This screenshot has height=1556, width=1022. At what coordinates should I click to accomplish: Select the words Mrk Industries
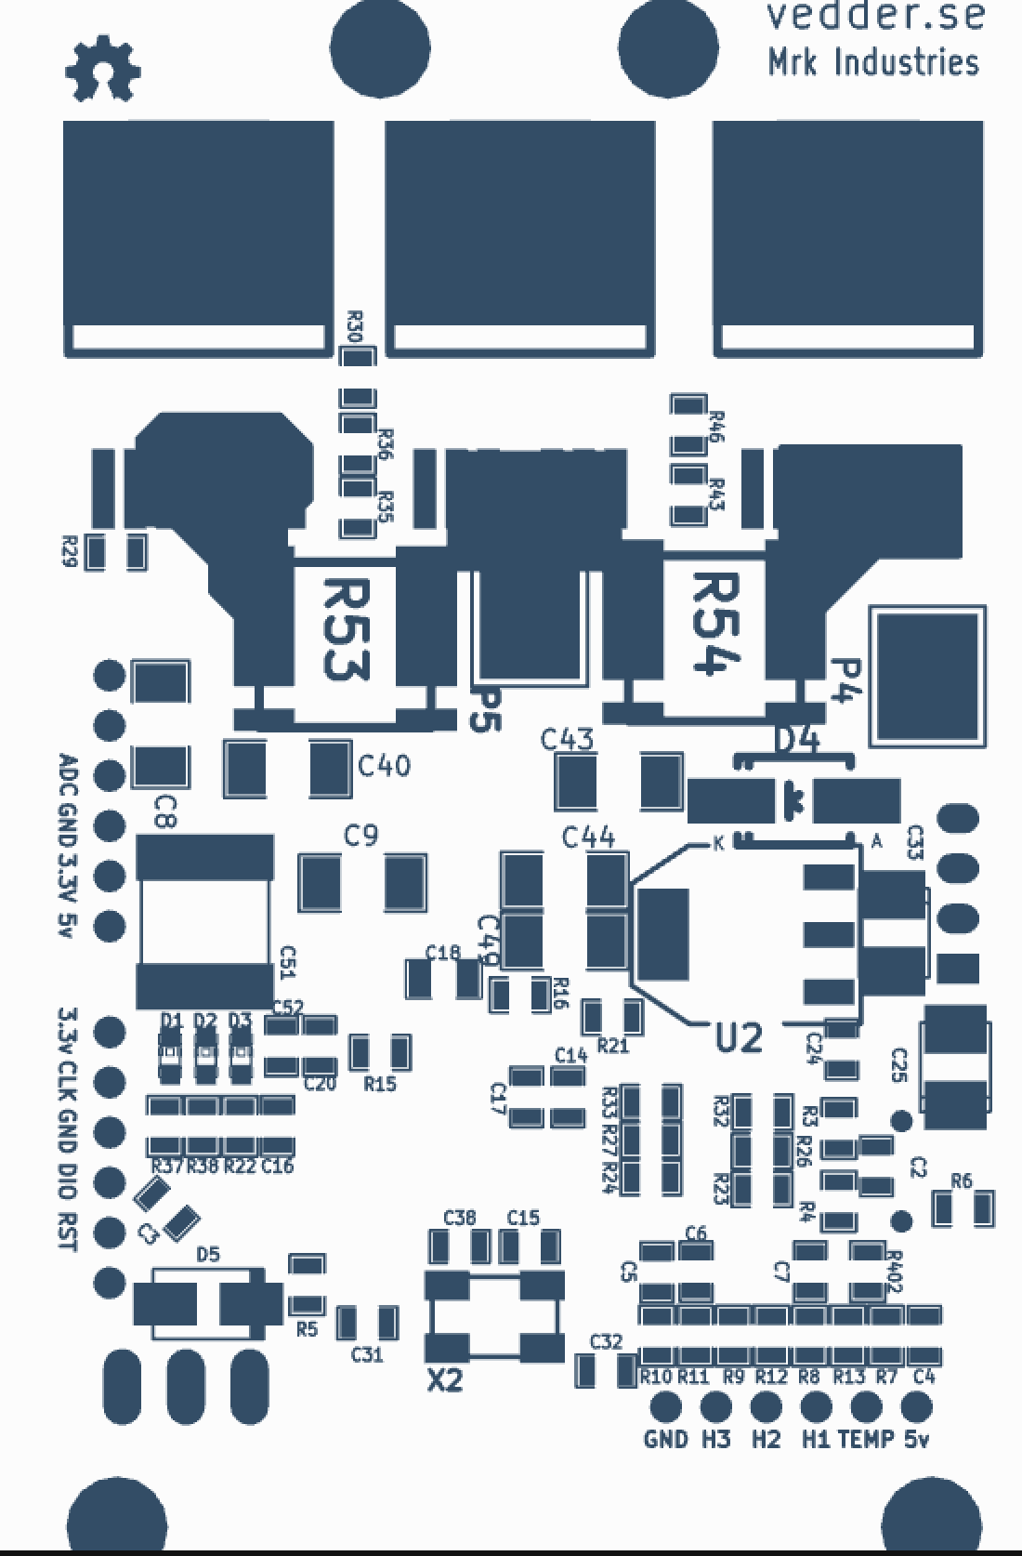(872, 62)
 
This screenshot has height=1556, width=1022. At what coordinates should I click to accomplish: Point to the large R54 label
(716, 623)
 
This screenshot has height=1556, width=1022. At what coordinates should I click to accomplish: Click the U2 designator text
(740, 1036)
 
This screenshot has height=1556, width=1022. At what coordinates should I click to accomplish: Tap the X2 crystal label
(445, 1381)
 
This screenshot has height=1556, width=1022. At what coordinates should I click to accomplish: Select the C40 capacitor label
(384, 767)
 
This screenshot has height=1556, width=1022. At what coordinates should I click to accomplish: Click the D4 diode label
(797, 741)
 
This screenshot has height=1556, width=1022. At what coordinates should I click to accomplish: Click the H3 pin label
(715, 1439)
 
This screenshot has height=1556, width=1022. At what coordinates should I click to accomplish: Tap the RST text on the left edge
(67, 1231)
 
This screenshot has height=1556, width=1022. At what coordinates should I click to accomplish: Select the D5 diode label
(209, 1255)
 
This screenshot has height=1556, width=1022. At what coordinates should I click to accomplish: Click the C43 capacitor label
(568, 740)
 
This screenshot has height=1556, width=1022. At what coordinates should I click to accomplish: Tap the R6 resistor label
(962, 1181)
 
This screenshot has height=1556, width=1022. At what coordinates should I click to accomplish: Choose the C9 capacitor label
(361, 837)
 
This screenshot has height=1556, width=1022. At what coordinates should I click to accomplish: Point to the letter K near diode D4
(718, 844)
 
